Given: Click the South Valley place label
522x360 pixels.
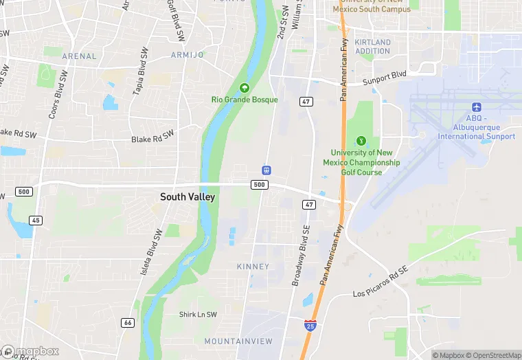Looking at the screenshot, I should coord(188,197).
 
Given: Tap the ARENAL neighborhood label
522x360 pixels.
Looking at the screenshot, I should coord(79,56).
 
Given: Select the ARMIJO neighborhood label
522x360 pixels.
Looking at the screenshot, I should coord(188,54).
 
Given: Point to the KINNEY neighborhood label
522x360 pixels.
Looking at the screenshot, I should coord(253,266).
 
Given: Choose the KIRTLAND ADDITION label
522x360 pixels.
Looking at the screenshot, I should coord(373,47).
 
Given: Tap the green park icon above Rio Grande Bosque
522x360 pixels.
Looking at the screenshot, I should coord(244,88).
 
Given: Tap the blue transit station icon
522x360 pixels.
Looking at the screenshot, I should coord(266,170).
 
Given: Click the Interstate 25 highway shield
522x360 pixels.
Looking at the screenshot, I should coord(310,325).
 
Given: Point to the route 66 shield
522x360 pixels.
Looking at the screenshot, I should coord(128,322).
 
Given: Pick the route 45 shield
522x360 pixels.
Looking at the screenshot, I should coord(35,220).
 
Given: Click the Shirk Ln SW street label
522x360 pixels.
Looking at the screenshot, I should coord(198,315).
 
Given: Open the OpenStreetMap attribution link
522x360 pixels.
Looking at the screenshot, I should coord(492,355).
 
